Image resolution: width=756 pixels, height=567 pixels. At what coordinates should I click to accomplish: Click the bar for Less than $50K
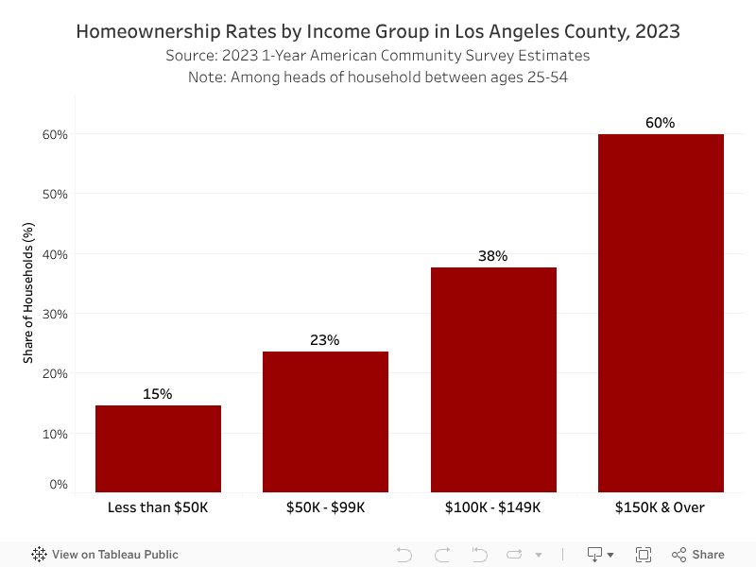tap(158, 449)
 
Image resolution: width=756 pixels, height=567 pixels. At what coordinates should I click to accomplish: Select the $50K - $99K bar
tap(325, 421)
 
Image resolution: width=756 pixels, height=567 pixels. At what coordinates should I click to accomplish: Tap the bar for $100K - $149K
tap(493, 379)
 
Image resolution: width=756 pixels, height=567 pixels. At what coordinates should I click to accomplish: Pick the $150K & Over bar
tap(661, 313)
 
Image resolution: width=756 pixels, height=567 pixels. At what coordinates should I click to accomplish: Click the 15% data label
tap(158, 394)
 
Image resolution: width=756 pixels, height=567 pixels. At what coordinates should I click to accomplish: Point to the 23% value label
tap(325, 340)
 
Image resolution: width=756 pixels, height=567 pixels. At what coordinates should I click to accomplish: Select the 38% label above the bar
tap(493, 256)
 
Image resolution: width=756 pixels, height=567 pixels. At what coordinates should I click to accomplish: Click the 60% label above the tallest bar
tap(661, 123)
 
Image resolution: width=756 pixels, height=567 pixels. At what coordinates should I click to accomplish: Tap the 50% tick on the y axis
tap(55, 195)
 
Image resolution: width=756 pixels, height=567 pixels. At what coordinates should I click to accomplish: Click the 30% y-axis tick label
tap(55, 314)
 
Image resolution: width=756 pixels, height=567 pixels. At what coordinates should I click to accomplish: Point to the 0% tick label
tap(59, 485)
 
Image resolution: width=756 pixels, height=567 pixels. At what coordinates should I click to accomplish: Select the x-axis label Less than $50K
tap(158, 507)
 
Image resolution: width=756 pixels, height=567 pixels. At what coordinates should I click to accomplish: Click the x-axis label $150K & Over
tap(661, 507)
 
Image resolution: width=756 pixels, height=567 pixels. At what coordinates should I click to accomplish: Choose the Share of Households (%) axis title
tap(28, 305)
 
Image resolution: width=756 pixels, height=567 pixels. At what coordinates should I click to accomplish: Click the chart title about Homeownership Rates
tap(378, 31)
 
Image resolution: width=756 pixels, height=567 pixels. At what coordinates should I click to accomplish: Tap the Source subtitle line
tap(378, 56)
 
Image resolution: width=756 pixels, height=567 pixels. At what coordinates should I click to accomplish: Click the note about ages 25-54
tap(378, 77)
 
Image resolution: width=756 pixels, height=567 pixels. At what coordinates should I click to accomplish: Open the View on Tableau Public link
tap(105, 555)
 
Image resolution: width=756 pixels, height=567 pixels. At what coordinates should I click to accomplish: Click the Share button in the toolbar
tap(698, 555)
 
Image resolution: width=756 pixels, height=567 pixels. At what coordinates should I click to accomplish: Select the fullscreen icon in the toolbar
tap(644, 555)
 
